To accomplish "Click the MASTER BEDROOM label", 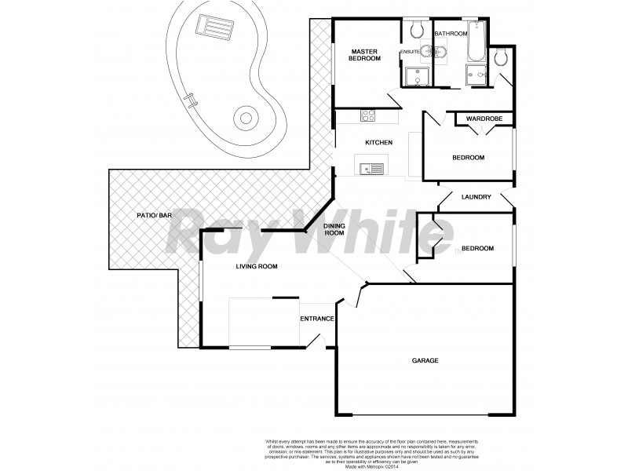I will click(x=365, y=54).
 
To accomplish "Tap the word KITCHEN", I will click(x=378, y=142).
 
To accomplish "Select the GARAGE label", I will click(x=425, y=360).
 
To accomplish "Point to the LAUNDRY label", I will click(x=476, y=197).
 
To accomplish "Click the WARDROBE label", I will click(x=484, y=119).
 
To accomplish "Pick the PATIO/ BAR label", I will click(x=154, y=214).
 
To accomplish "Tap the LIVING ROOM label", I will click(x=257, y=267).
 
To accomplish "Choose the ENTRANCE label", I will click(x=317, y=319).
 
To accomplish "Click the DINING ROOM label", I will click(x=335, y=229).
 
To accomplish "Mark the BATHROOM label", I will click(x=451, y=34).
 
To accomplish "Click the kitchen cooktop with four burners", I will click(x=367, y=115).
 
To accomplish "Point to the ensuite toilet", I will click(x=417, y=29).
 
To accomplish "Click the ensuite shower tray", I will click(x=413, y=75).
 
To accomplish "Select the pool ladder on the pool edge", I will click(x=189, y=100).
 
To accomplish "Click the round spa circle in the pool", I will click(x=246, y=119).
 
